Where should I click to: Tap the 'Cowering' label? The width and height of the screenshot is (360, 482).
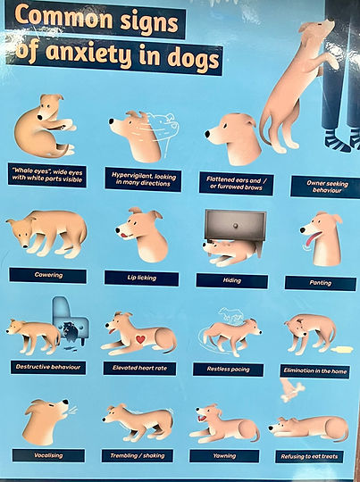click(48, 275)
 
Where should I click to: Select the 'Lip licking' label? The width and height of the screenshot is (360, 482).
click(141, 278)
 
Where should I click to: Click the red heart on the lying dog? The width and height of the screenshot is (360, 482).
click(140, 339)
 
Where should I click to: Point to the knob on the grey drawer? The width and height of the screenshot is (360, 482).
click(236, 226)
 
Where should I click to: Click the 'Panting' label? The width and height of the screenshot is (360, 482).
click(321, 283)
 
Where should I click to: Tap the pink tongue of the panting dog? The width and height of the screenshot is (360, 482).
click(311, 239)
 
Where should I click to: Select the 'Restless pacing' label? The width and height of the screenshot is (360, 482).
click(228, 370)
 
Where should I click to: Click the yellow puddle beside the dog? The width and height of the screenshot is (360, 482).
click(341, 350)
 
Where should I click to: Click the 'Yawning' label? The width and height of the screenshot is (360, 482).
click(224, 456)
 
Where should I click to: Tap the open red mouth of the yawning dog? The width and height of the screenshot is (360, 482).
click(202, 418)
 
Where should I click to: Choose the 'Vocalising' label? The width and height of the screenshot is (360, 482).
click(48, 455)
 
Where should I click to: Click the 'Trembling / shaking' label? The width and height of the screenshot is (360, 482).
click(138, 455)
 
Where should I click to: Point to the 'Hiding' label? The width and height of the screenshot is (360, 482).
click(232, 280)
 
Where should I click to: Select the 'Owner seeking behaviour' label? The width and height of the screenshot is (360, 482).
click(327, 187)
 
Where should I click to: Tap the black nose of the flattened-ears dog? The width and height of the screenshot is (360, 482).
click(207, 134)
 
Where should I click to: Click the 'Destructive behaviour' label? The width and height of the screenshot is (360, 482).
click(48, 367)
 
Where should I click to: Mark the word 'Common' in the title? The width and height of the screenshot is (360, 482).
click(63, 18)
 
